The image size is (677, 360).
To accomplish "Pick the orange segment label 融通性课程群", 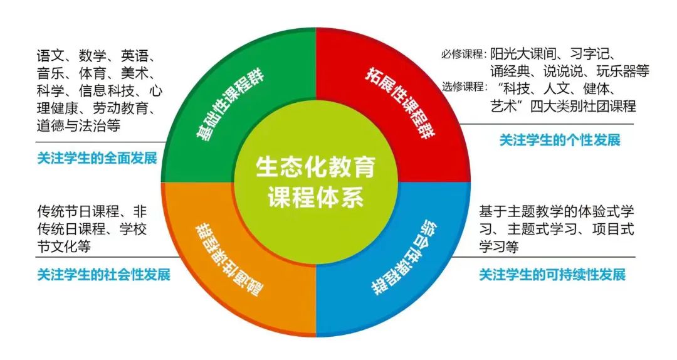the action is (228, 260).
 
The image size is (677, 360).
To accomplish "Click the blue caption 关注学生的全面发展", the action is (97, 158).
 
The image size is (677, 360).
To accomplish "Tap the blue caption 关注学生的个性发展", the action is (560, 140).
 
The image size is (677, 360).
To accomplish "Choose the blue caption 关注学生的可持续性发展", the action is (552, 275).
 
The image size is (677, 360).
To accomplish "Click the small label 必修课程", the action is (463, 55).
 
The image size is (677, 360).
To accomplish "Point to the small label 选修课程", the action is (463, 87).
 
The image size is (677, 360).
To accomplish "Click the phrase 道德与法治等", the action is (78, 126).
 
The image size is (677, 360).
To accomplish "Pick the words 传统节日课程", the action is (78, 211).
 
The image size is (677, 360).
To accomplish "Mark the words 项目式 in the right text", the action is (614, 229).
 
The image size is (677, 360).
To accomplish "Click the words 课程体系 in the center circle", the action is (315, 197).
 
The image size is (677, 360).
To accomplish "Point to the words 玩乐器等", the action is (622, 71).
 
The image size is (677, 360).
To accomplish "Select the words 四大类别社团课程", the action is (584, 106).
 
